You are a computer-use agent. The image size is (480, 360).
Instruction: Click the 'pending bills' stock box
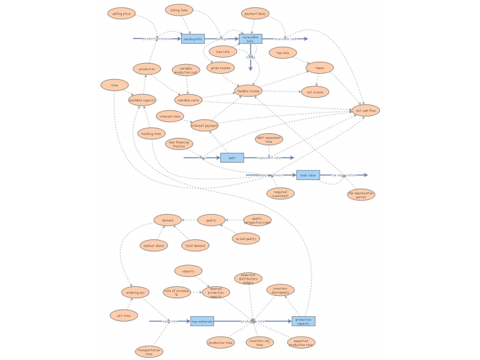[193, 38]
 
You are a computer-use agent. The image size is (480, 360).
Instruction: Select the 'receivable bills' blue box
[251, 38]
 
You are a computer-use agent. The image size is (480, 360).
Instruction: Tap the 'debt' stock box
[232, 158]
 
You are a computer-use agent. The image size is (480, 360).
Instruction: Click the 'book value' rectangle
[308, 175]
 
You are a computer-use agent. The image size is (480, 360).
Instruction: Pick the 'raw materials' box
[202, 321]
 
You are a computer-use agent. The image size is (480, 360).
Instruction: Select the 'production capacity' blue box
[303, 321]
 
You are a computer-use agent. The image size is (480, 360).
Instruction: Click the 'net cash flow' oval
[365, 110]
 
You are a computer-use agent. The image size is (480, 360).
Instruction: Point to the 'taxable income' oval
[248, 91]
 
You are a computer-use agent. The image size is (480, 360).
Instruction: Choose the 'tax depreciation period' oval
[361, 194]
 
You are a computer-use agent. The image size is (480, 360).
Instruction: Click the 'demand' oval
[167, 220]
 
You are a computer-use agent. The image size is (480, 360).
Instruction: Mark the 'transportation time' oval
[149, 352]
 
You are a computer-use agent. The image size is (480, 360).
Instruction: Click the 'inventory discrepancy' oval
[280, 290]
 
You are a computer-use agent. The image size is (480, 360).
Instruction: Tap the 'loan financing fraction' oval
[179, 144]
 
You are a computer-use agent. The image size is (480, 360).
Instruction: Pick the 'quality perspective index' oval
[257, 220]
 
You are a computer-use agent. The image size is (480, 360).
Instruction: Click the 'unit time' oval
[124, 315]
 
